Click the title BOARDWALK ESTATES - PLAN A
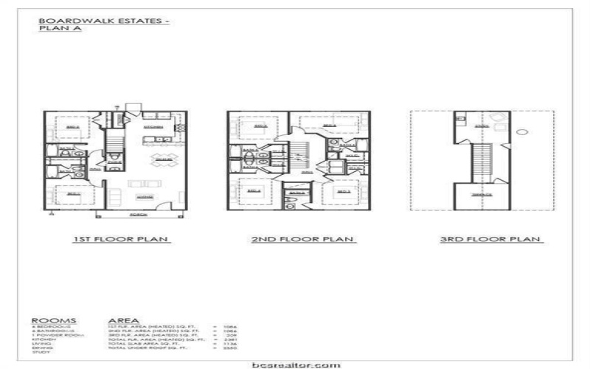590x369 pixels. coord(104,24)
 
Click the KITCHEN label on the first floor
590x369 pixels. coord(153,126)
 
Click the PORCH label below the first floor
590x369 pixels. coord(136,214)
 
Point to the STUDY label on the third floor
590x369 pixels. coord(483,126)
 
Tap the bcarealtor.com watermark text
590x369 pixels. coord(294,364)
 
